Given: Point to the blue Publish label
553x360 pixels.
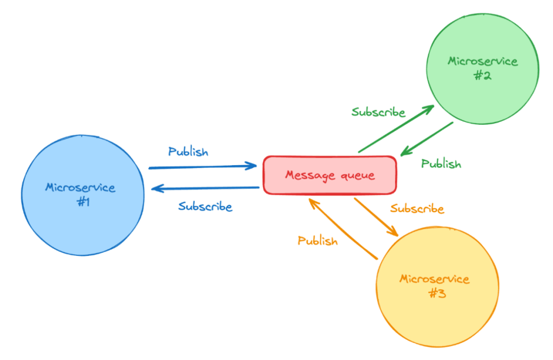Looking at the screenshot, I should (188, 152).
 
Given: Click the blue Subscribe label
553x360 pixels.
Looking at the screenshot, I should (205, 206).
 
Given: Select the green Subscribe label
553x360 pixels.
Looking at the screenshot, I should (378, 112).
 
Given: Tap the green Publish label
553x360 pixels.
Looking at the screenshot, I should (441, 164).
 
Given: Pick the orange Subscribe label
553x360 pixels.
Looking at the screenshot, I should (417, 208).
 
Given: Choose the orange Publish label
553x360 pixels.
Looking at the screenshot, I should (318, 241).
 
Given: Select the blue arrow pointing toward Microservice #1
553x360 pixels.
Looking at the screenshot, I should (205, 188).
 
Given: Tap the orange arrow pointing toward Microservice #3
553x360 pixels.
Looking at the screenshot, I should (376, 216).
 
